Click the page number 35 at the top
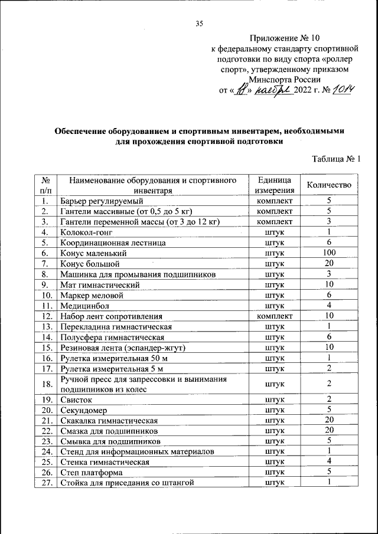tap(199, 24)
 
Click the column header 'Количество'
tap(329, 185)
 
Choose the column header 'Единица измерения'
tap(274, 185)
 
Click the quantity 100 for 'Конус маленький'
tap(329, 253)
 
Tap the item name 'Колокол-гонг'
tap(84, 232)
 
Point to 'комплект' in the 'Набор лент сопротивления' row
tap(274, 316)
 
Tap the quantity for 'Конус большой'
tap(329, 264)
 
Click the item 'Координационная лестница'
tap(112, 243)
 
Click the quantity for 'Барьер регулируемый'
tap(329, 201)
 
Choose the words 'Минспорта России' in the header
tap(284, 79)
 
